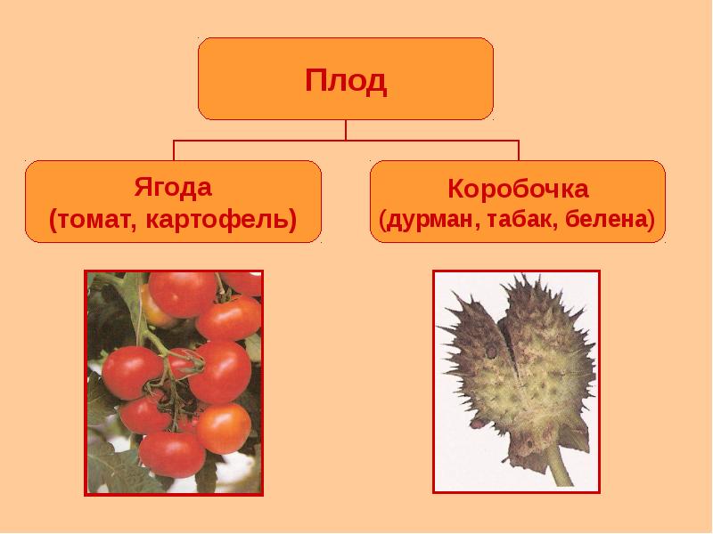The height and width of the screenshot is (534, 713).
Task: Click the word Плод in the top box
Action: coord(346,80)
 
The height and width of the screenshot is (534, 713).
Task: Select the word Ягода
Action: coord(173,187)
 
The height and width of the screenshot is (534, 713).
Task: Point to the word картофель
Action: coord(217,220)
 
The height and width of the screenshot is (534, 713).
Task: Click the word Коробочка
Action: coord(518,188)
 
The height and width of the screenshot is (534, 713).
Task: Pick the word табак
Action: coord(521,219)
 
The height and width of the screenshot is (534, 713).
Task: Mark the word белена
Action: coord(605,219)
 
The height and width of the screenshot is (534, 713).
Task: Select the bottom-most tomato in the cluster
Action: coord(172,455)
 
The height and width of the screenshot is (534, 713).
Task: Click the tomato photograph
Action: coord(174,383)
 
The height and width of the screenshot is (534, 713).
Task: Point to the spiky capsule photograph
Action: coord(516,382)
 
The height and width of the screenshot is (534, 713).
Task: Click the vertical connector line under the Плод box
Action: coord(346,130)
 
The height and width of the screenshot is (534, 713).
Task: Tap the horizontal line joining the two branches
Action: coord(346,141)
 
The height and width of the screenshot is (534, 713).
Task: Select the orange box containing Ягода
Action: coord(173,202)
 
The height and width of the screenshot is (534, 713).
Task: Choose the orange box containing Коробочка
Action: coord(518,202)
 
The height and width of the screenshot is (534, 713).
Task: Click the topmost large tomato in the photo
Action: coord(183,295)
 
